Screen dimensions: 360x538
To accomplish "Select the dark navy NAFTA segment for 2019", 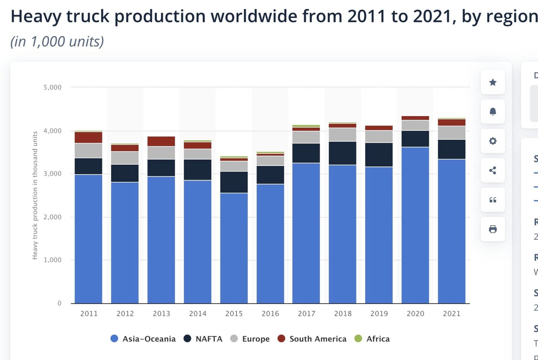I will (x=379, y=155).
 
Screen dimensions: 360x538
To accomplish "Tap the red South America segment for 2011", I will (x=88, y=137).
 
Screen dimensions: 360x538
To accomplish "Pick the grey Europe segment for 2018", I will (x=342, y=134).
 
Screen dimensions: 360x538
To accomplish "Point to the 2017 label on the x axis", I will (x=306, y=314).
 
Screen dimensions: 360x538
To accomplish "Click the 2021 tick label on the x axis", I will (x=451, y=314).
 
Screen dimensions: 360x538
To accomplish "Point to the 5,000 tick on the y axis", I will (x=52, y=87).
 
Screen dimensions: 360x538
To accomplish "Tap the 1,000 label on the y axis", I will (x=52, y=260).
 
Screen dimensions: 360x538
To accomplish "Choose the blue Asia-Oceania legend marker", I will (x=114, y=338).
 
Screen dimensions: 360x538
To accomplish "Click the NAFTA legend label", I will (x=209, y=339).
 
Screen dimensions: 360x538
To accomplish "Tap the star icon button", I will (x=493, y=82).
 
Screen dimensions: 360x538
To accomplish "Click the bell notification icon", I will (x=493, y=112).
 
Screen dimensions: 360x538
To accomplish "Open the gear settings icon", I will (x=493, y=141).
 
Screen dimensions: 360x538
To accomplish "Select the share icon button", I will (x=493, y=171).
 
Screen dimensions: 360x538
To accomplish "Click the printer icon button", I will (x=493, y=229).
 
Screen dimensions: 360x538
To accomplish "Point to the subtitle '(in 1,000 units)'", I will (x=57, y=42).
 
